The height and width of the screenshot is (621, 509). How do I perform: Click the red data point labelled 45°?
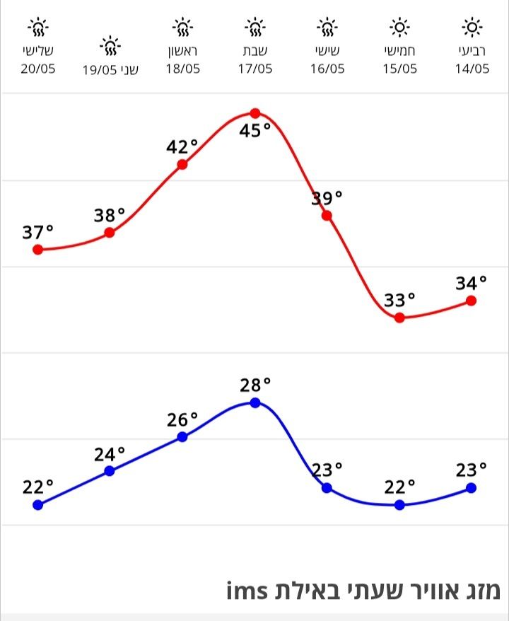255,113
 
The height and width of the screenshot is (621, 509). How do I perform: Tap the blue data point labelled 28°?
255,402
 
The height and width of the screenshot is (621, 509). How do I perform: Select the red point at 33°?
399,318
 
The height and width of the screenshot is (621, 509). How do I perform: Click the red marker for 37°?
38,250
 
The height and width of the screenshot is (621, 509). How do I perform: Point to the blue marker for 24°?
110,471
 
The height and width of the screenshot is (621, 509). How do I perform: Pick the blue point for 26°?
182,436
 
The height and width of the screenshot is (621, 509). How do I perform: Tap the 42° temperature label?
182,147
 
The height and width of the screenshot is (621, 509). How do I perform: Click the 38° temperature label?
110,215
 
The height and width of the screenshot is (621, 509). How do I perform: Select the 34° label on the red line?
472,283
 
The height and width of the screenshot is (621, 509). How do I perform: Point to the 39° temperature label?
327,197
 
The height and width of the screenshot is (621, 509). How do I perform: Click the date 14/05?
472,69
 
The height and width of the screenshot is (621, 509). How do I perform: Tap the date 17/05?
255,69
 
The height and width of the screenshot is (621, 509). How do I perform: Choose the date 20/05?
38,69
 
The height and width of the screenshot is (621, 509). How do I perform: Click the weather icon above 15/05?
399,28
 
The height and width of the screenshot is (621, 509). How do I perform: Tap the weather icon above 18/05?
182,28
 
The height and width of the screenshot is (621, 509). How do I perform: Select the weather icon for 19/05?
110,47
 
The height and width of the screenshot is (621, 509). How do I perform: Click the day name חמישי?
399,52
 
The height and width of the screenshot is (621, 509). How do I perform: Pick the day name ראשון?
182,52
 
